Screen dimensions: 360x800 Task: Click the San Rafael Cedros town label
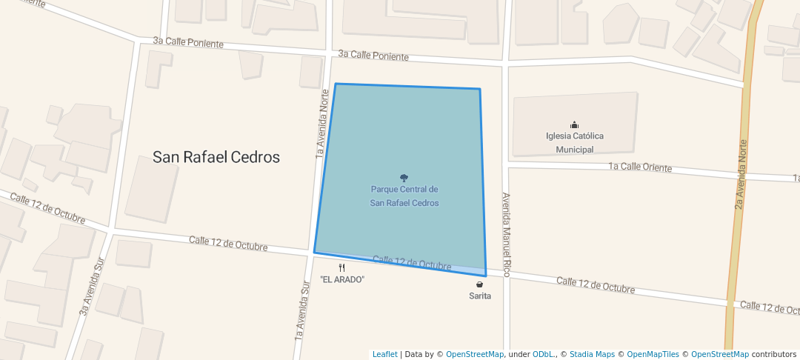216,157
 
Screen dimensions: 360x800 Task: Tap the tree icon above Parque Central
404,178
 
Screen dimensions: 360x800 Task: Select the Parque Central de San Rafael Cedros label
404,196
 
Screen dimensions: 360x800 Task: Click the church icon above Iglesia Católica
574,124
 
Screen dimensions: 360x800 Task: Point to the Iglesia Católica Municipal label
575,142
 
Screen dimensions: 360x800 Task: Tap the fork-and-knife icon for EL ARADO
341,267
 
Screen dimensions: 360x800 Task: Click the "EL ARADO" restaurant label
342,279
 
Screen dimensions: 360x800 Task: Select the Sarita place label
480,296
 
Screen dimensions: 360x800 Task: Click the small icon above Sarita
480,284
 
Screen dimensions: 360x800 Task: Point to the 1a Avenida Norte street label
322,124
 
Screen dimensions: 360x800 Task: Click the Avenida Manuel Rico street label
507,235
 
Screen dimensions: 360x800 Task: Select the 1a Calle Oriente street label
640,167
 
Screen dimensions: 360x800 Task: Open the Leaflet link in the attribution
384,355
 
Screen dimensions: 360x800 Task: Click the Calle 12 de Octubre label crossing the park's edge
412,263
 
